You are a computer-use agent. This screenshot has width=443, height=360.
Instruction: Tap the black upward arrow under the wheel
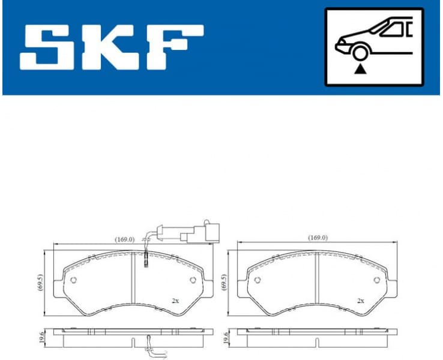point(360,70)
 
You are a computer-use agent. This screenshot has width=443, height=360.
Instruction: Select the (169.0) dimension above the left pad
point(124,239)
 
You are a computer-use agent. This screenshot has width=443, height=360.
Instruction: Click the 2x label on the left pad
point(175,300)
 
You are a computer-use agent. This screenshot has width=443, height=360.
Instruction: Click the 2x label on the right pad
point(360,300)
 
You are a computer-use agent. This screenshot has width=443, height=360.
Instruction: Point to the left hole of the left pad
point(73,281)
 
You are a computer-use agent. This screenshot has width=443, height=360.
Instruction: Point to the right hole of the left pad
point(193,281)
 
